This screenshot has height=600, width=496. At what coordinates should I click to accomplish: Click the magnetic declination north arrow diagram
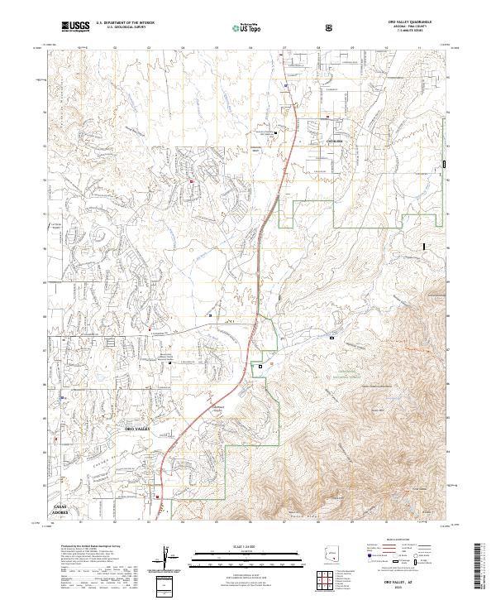(169, 559)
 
